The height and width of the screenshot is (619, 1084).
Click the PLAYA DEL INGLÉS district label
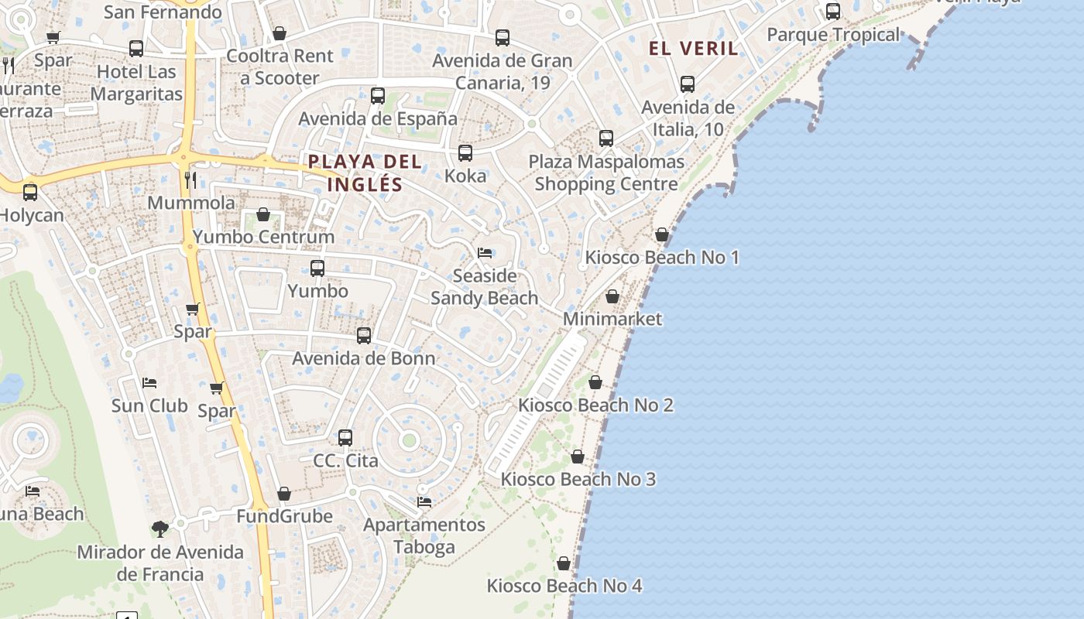365,173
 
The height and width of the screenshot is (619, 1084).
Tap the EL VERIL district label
693,48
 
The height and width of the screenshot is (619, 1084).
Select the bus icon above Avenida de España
378,96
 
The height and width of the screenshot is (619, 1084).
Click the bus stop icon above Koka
465,153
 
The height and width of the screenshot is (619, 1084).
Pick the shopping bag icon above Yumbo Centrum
263,214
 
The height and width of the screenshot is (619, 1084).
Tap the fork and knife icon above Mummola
190,180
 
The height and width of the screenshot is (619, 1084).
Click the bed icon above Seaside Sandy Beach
485,253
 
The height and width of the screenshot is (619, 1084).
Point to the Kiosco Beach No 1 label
662,257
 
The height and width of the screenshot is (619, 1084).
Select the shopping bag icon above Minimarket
612,296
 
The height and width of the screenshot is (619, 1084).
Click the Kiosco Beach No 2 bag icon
595,382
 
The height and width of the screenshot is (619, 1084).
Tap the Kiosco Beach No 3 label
578,479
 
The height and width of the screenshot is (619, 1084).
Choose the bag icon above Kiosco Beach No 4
564,563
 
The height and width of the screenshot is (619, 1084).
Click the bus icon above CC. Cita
345,438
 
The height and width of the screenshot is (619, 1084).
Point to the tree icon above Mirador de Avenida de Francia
160,529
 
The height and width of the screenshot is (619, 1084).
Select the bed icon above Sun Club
149,383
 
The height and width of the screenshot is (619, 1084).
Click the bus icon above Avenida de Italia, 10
688,84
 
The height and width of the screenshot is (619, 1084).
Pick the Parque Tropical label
833,35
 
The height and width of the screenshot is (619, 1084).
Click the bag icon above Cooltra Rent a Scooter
280,33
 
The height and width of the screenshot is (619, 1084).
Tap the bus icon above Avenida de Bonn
364,336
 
